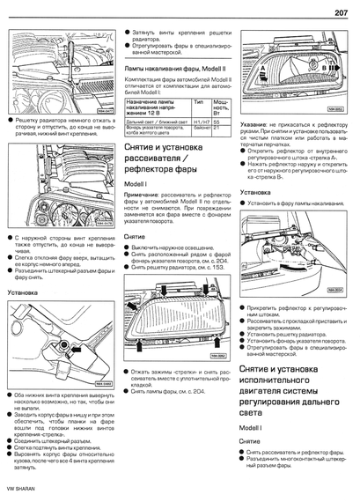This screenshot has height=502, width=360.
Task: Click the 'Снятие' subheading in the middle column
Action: click(x=134, y=237)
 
